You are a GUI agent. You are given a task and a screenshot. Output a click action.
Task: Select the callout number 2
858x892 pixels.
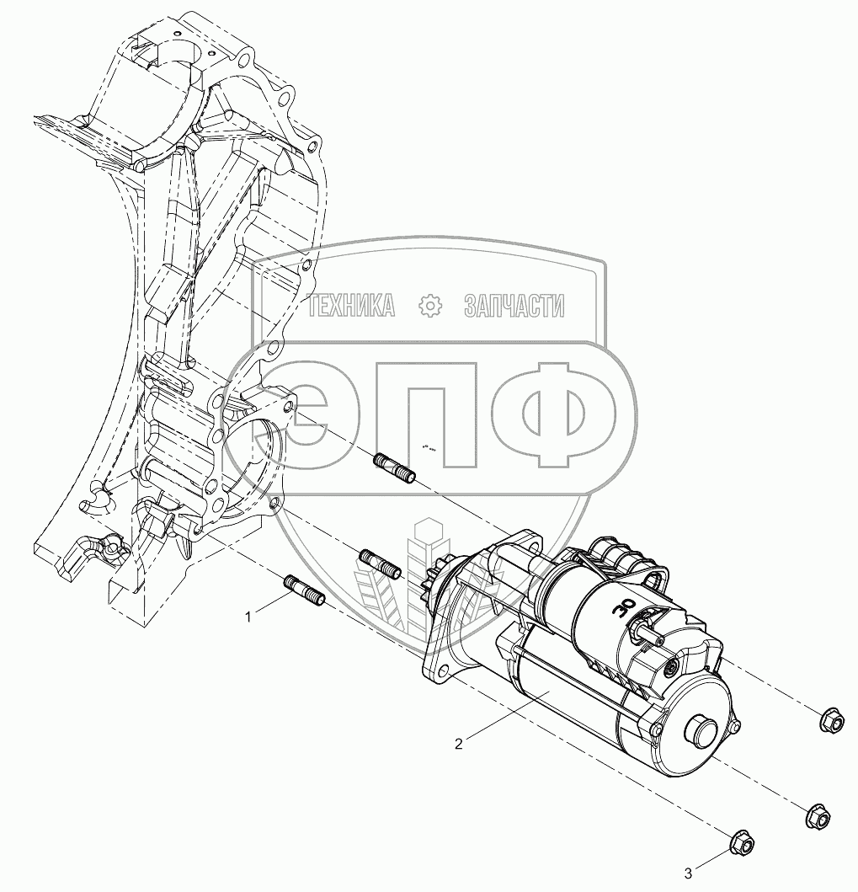tap(458, 744)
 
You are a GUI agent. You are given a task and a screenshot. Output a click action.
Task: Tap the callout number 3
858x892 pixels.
tap(688, 873)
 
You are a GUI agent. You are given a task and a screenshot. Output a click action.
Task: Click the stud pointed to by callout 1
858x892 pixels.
tap(304, 590)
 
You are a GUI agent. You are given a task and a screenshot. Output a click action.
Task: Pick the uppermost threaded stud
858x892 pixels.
tap(394, 467)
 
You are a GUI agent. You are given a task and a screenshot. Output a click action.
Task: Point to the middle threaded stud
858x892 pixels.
tap(381, 564)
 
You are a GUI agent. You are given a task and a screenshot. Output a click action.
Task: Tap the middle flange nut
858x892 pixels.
tap(818, 815)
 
